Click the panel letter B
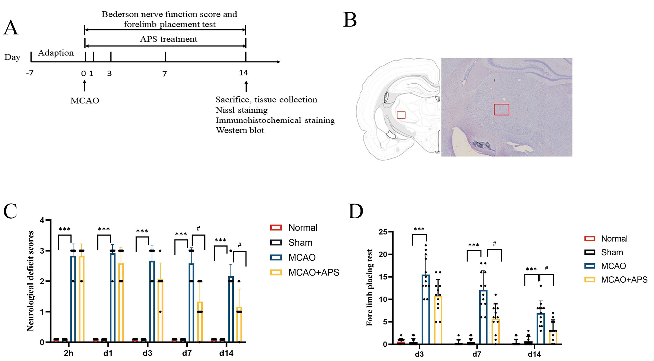click(x=350, y=20)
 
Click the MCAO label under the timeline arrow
click(x=85, y=101)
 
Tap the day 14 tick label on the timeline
click(x=243, y=73)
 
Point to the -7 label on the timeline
click(x=30, y=73)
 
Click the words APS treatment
click(x=169, y=39)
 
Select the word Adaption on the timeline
click(x=56, y=53)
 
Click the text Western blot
click(x=240, y=130)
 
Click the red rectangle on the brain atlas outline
click(x=401, y=115)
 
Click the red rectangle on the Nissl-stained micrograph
click(x=501, y=109)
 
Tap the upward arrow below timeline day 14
click(x=246, y=86)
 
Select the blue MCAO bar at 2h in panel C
click(x=73, y=298)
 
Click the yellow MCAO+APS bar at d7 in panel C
click(x=200, y=322)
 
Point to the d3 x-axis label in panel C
click(x=147, y=353)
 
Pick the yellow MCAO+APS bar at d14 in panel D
click(x=553, y=338)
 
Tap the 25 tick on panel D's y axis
click(x=383, y=232)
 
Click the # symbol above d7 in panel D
click(x=494, y=244)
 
